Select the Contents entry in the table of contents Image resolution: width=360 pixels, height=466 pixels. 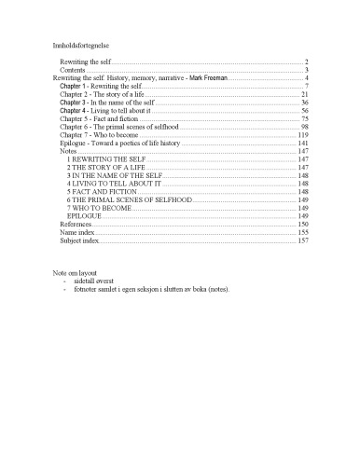click(74, 69)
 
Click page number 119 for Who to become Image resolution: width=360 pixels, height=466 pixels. click(302, 136)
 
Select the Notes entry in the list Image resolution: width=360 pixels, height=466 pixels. click(68, 152)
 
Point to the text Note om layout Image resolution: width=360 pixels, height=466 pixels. click(76, 271)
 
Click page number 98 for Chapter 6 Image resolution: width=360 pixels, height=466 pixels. click(304, 128)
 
